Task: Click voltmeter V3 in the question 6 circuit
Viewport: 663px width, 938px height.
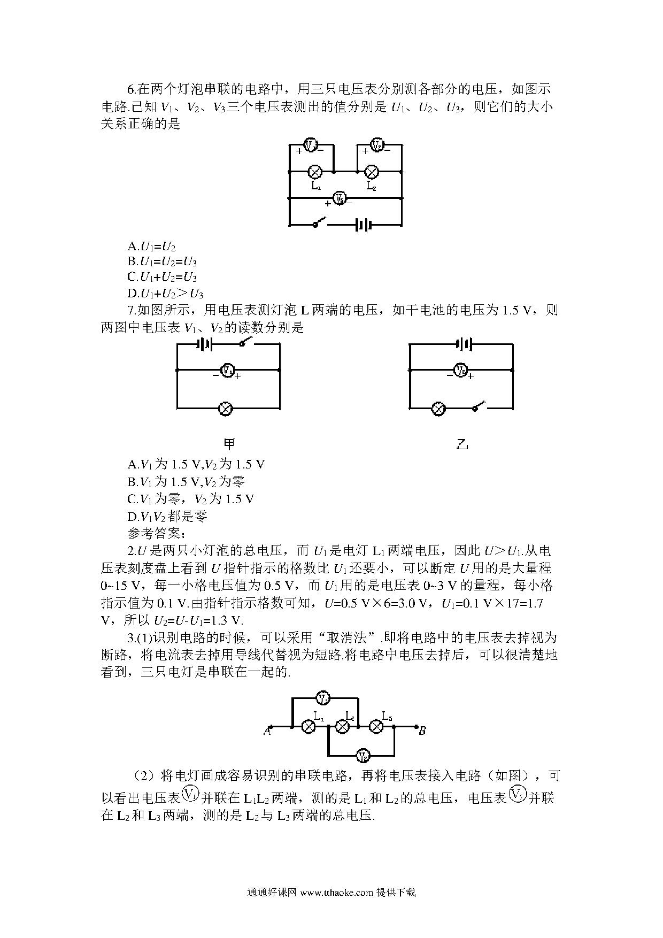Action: click(x=339, y=198)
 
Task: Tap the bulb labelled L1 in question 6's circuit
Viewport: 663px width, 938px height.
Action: click(x=315, y=172)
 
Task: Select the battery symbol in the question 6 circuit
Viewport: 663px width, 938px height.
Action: click(x=363, y=225)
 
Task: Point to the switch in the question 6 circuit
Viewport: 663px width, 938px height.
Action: click(x=320, y=222)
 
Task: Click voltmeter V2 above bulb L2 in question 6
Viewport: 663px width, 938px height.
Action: click(x=377, y=144)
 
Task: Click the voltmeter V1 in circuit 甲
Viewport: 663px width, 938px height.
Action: click(x=228, y=370)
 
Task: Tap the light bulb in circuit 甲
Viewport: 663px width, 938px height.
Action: click(x=226, y=409)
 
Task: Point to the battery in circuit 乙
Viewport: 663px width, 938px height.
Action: click(x=464, y=344)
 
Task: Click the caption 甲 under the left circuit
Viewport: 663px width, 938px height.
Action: click(x=229, y=444)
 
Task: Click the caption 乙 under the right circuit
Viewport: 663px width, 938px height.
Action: click(x=462, y=444)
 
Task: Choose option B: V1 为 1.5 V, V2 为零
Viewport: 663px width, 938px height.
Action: click(x=187, y=481)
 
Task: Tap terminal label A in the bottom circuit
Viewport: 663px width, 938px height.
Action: click(x=267, y=731)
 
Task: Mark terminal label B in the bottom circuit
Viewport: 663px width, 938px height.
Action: click(x=422, y=731)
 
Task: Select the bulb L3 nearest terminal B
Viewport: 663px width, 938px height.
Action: click(x=376, y=727)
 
